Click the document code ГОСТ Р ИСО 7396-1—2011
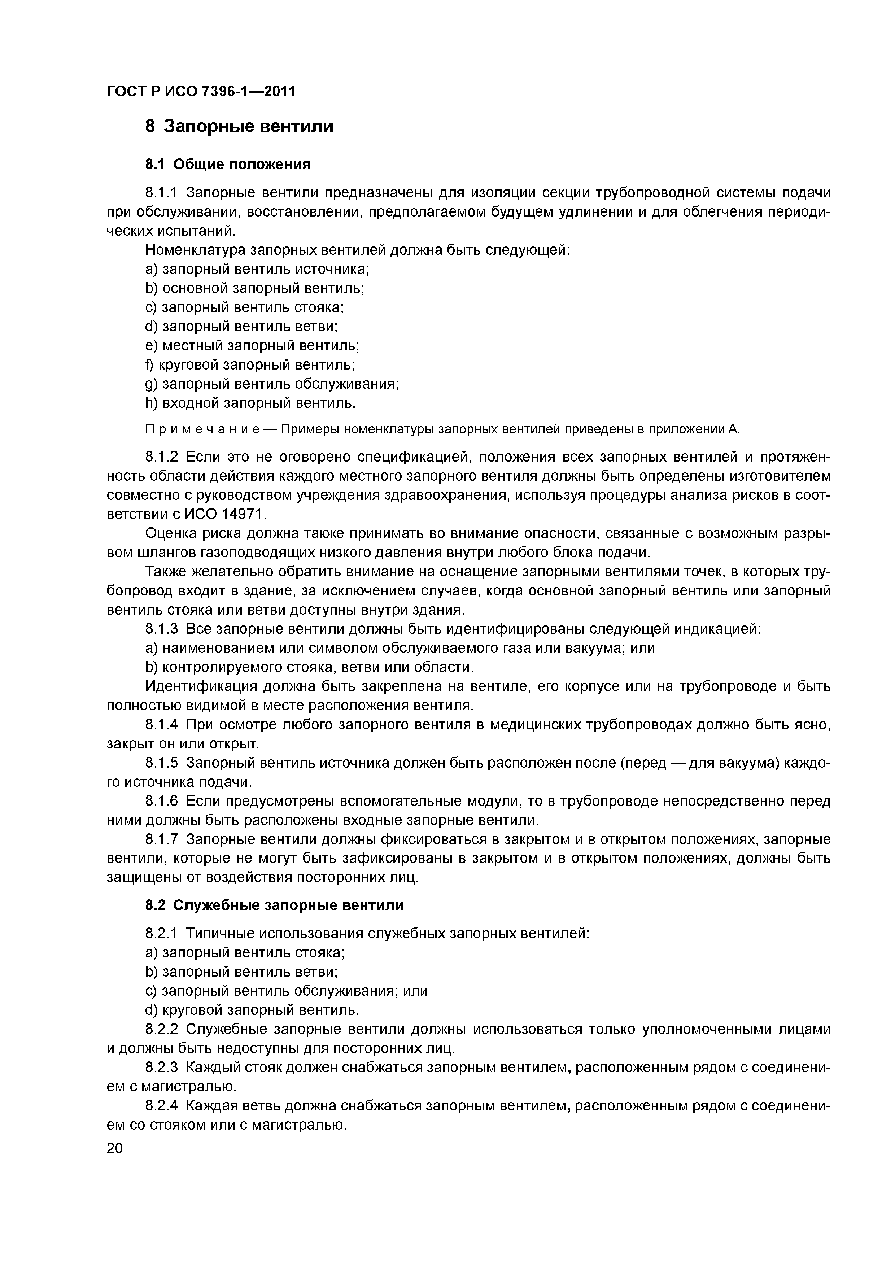pos(200,91)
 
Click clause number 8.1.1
pos(162,193)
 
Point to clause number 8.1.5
pos(162,763)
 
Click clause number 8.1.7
pos(162,839)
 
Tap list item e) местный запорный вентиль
pos(252,346)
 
